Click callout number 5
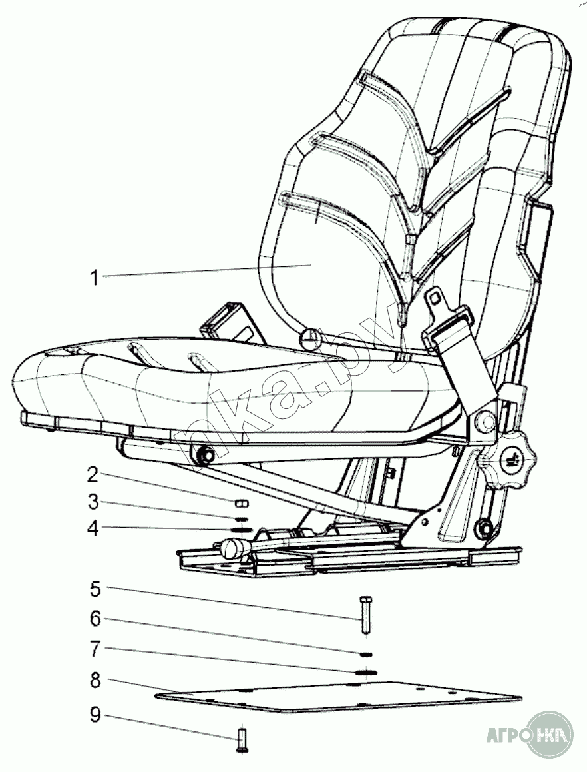pos(95,589)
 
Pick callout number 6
pos(95,619)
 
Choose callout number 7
pos(95,647)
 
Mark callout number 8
pos(95,681)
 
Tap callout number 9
pos(95,715)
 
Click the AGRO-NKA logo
pos(530,736)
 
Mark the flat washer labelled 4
pos(240,530)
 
